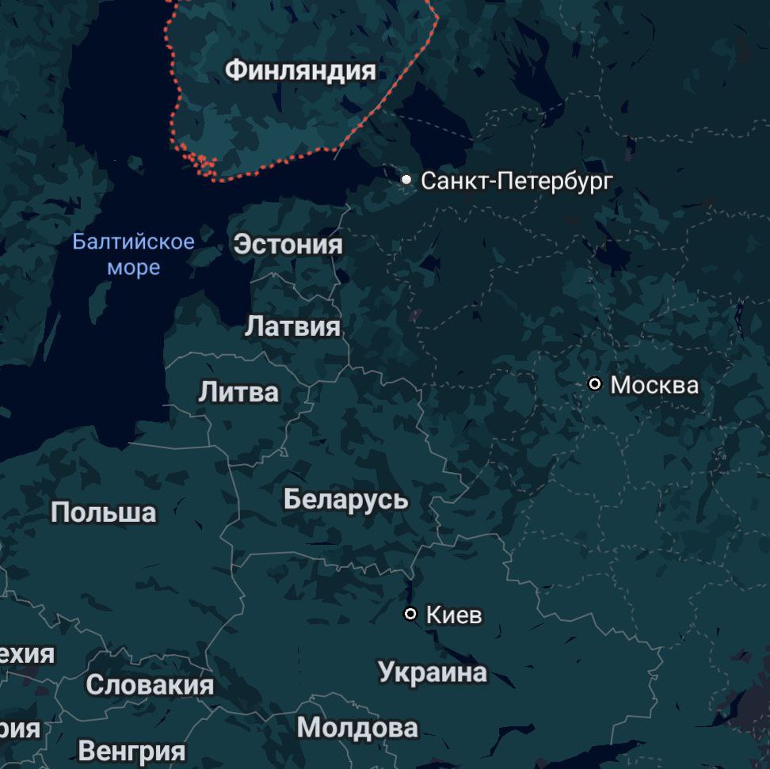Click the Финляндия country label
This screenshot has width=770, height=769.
(300, 70)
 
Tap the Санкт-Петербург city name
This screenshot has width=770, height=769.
(517, 181)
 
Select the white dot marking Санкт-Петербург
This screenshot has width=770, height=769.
(406, 180)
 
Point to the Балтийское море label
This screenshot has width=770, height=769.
(133, 254)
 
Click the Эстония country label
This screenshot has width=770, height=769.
(288, 245)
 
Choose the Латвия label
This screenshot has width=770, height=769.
(292, 326)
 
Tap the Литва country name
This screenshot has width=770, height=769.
(238, 392)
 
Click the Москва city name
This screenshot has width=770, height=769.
(654, 386)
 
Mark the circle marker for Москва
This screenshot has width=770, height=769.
(595, 384)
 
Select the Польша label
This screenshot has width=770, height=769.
(104, 512)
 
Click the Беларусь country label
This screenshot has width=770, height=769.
(346, 500)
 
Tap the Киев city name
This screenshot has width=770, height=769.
(454, 615)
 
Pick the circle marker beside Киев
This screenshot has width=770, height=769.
(410, 614)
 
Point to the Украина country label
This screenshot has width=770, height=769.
(433, 672)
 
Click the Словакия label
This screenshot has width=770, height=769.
(150, 685)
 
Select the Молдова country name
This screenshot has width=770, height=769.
(357, 727)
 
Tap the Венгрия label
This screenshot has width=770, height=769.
(132, 750)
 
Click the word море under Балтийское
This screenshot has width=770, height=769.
(133, 268)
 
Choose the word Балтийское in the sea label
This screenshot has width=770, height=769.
(133, 242)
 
